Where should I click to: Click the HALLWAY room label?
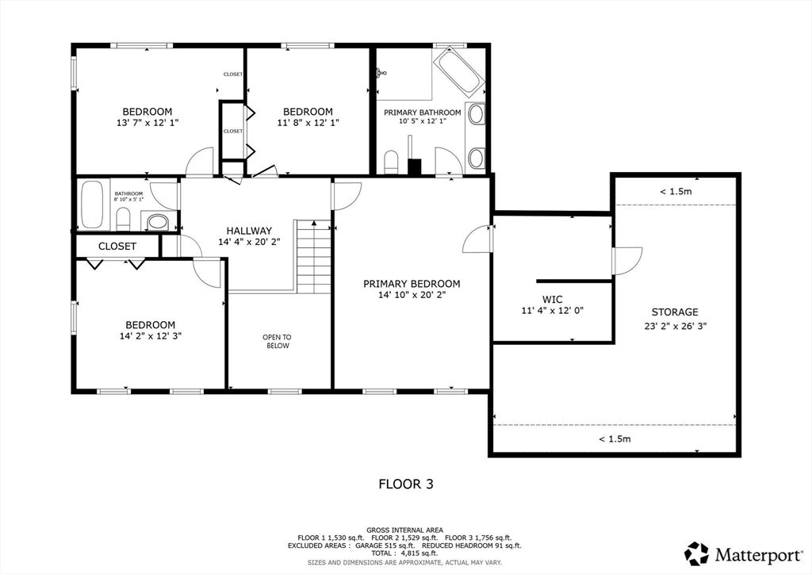pos(249,231)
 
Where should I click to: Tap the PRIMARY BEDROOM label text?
pos(412,284)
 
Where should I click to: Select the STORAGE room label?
pos(675,312)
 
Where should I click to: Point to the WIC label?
pos(553,299)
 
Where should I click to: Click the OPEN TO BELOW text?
pos(277,342)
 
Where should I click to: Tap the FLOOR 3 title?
pos(406,484)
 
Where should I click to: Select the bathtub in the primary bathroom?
pos(458,72)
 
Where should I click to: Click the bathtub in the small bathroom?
pos(93,205)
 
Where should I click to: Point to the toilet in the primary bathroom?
pos(390,162)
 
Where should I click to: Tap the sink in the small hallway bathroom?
pos(158,223)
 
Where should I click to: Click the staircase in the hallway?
pos(313,257)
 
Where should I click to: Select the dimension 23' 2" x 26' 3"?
pos(676,326)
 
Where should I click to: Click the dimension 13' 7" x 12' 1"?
pos(147,123)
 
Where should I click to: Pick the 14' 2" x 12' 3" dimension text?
pos(150,336)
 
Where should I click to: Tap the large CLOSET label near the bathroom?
pos(117,247)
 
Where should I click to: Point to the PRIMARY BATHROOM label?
pos(422,113)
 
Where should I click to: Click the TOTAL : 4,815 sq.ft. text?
pos(404,553)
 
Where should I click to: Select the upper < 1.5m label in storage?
pos(676,192)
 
